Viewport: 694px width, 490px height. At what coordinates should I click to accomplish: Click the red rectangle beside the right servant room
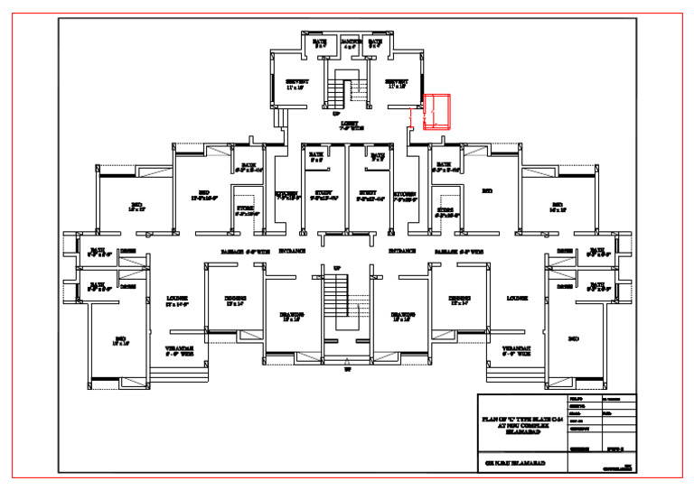click(x=437, y=113)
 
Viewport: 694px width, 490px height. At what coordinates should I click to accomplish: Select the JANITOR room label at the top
click(x=351, y=43)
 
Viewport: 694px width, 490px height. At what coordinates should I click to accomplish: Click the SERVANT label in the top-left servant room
click(x=297, y=84)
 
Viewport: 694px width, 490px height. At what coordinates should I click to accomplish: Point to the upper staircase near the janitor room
click(x=341, y=91)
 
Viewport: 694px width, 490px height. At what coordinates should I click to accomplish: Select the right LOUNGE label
click(x=517, y=298)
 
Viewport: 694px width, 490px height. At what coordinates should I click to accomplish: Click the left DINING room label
click(x=236, y=300)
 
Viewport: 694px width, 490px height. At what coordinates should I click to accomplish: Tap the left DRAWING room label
click(x=291, y=316)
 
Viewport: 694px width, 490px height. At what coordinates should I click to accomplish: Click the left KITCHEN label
click(x=287, y=195)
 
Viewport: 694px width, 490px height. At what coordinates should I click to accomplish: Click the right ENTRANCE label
click(x=401, y=252)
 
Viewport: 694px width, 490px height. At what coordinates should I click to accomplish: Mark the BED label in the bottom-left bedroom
click(x=119, y=340)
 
